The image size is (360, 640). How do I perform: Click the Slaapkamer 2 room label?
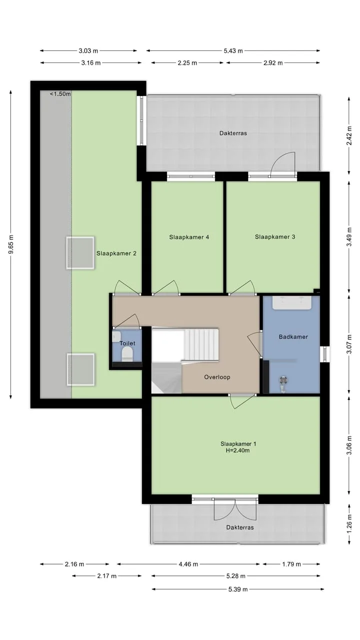coord(116,253)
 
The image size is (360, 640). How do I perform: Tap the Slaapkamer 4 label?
coord(189,237)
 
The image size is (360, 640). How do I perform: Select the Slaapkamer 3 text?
coord(275,237)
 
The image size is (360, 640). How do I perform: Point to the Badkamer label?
coord(293,337)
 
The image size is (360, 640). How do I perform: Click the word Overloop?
coord(217,377)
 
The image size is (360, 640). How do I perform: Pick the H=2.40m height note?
coord(237,450)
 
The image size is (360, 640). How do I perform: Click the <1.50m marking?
coord(60,94)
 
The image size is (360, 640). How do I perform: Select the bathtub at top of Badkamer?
coord(291,303)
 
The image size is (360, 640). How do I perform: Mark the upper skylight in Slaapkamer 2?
coord(80,253)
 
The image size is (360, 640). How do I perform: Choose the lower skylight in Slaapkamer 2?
coord(80,369)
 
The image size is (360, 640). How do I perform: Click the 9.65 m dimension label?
coord(11,244)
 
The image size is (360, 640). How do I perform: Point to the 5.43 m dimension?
coord(233,51)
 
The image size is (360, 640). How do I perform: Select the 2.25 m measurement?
coord(187,63)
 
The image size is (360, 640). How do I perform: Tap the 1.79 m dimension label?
coord(291,564)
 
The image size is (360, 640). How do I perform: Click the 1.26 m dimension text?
coord(349,523)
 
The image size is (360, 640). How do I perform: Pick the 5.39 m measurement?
coord(238,589)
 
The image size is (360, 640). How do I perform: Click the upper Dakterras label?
coord(233,133)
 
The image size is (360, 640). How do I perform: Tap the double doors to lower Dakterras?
coord(235,509)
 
